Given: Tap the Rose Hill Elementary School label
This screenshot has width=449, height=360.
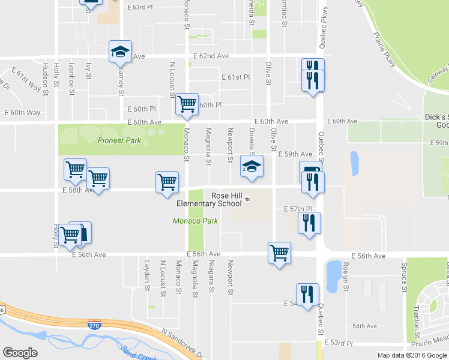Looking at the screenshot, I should (x=209, y=199).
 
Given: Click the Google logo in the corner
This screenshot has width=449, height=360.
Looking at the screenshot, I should (x=20, y=353).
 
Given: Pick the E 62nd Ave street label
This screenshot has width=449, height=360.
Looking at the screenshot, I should (x=211, y=56).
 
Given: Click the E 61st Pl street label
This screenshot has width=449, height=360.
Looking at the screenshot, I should (x=235, y=77).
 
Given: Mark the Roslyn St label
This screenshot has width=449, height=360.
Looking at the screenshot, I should (x=346, y=277).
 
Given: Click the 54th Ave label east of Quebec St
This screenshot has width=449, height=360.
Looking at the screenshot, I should (x=364, y=326).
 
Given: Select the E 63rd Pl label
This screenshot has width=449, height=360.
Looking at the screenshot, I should (x=145, y=7).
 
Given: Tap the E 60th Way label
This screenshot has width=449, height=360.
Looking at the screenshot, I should (x=22, y=112).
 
